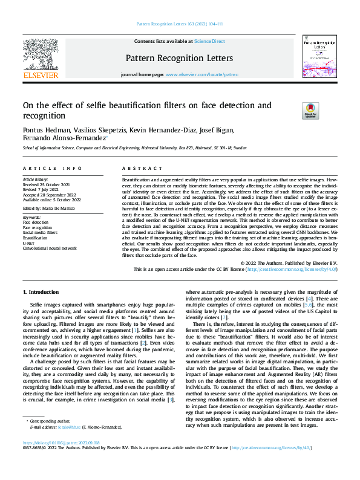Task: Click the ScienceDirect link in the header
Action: tap(209, 41)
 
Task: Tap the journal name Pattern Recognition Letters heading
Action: tap(178, 58)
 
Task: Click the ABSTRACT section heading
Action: tap(136, 169)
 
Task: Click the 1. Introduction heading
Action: tap(41, 293)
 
